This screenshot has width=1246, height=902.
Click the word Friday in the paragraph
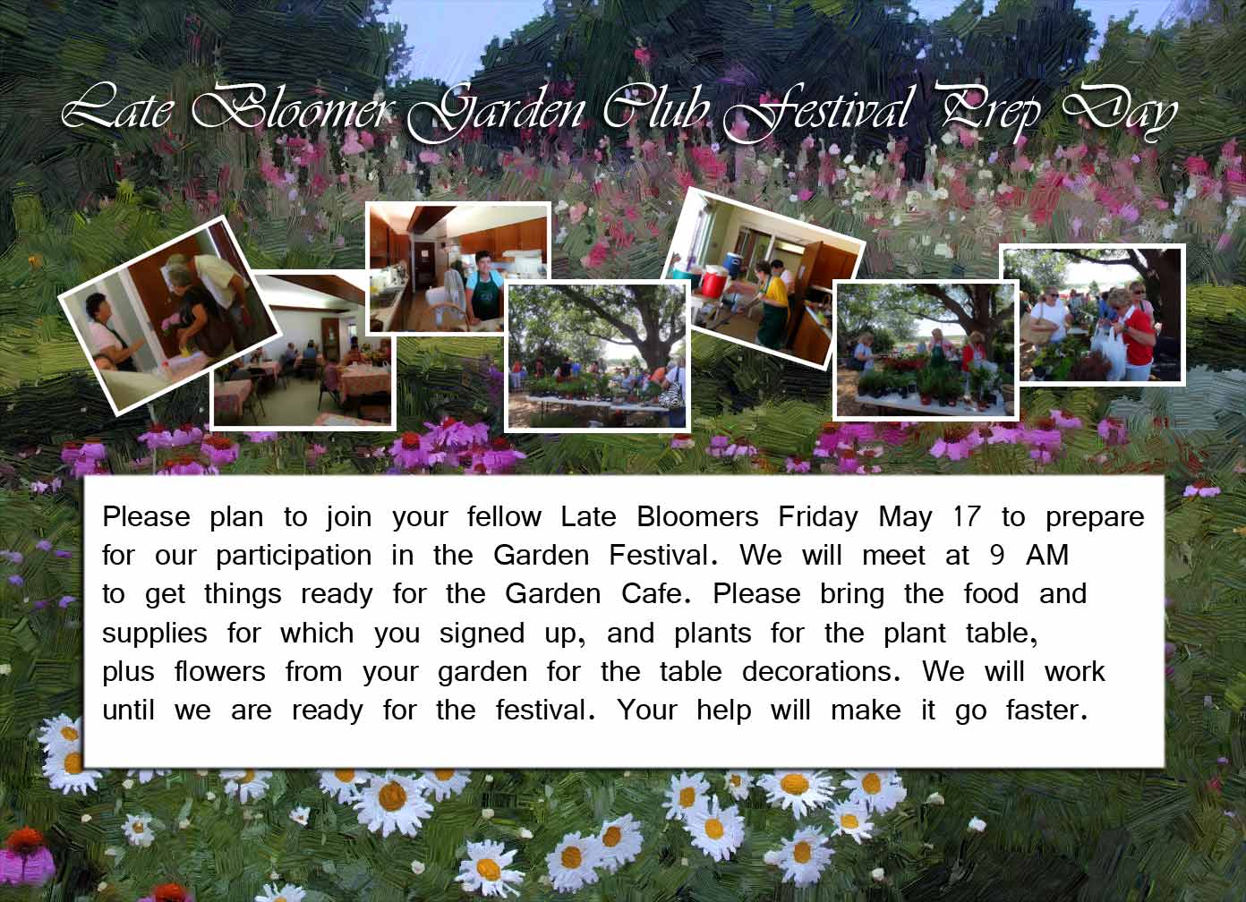818,518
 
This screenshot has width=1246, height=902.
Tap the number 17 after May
967,516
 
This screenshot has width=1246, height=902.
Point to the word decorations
821,671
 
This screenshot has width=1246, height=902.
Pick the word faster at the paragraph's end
1045,711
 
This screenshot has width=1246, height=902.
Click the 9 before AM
997,556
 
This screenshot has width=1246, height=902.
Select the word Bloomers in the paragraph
697,516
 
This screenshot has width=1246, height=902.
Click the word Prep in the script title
989,112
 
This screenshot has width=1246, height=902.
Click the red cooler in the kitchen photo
713,283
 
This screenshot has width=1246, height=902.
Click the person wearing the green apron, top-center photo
482,289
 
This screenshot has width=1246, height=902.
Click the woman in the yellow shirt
773,306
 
